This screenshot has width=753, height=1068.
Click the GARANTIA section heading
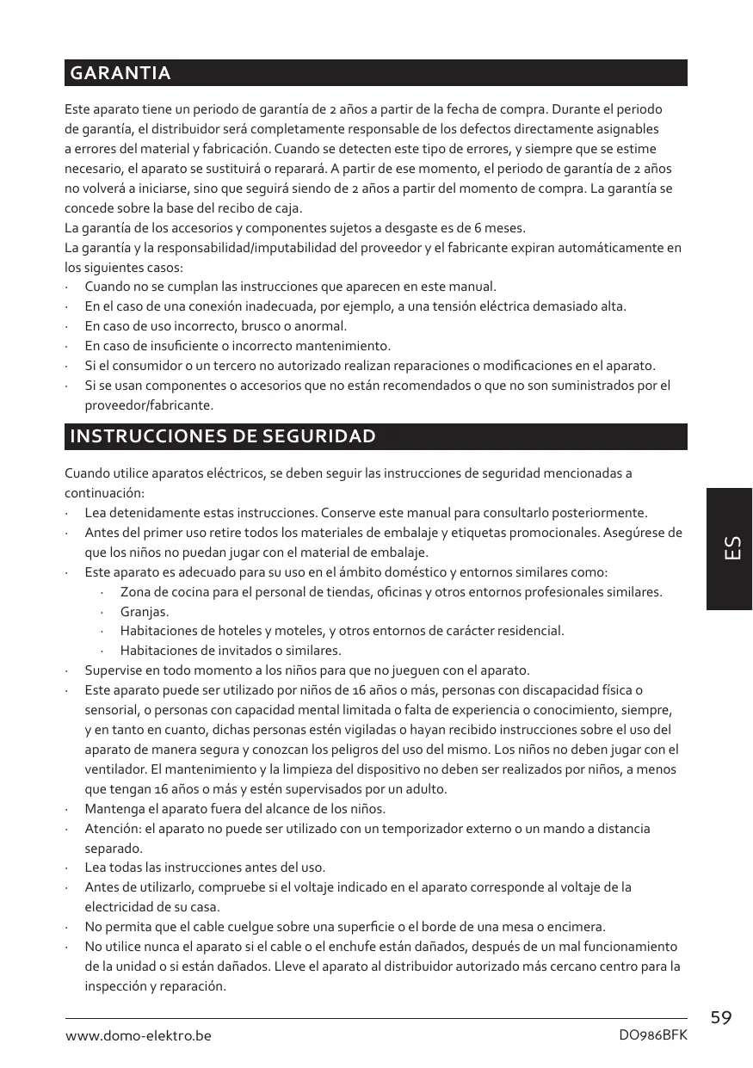[120, 73]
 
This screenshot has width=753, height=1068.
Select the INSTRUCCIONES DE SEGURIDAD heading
[223, 436]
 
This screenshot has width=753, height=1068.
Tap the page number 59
[722, 1018]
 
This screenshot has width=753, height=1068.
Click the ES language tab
[730, 548]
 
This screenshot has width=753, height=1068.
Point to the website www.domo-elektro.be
[139, 1036]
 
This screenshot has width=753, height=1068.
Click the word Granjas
[144, 612]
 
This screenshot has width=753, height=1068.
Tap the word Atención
[113, 829]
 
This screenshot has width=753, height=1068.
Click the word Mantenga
[114, 809]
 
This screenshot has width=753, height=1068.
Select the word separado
[113, 848]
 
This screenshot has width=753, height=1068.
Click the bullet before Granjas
[102, 612]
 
